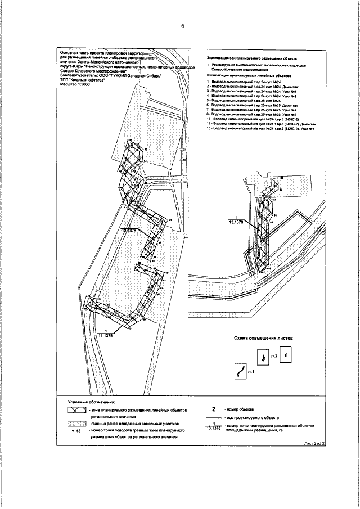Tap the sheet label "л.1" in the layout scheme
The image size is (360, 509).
coord(251,372)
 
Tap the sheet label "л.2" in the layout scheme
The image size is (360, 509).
coord(274,356)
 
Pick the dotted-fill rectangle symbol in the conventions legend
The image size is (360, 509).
coord(75,425)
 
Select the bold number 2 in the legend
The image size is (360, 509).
coord(213,411)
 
